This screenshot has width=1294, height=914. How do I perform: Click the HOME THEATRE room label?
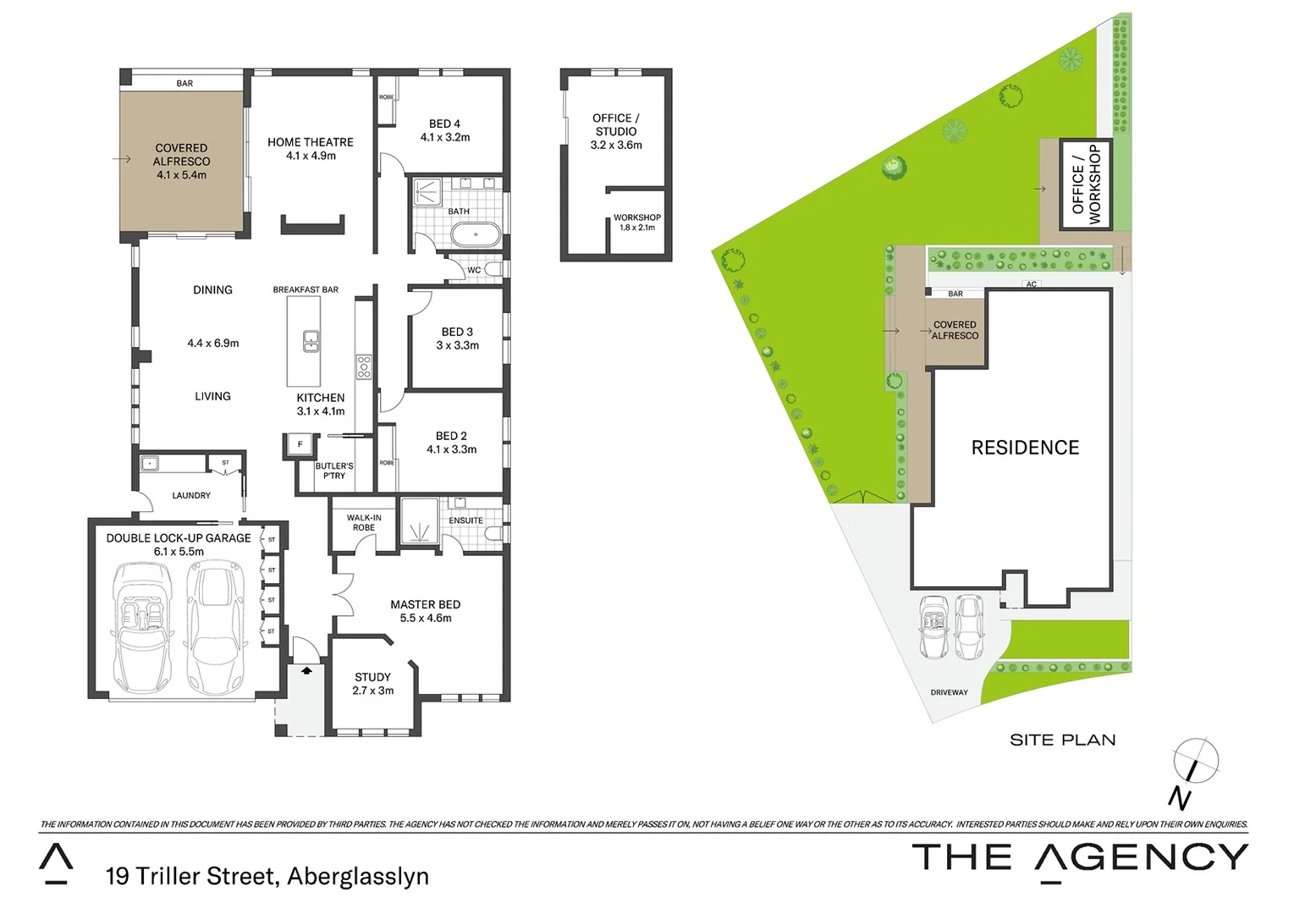point(311,142)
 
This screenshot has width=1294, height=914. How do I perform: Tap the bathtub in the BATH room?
point(476,234)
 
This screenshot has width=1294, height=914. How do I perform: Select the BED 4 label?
point(444,124)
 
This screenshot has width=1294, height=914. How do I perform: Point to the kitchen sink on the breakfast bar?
point(311,341)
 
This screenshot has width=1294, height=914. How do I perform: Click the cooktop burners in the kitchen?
point(364,366)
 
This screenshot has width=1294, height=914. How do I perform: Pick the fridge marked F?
point(300,444)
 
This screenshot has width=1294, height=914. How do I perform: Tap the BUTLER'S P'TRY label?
point(334,471)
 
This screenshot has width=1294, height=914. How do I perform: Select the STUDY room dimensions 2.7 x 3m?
point(373,691)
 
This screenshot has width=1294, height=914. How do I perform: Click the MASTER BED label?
point(425,604)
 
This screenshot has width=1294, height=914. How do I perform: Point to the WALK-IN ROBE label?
point(364,522)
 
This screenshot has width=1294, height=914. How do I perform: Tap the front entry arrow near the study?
point(306,669)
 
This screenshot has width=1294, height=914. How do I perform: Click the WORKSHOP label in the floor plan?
point(637,217)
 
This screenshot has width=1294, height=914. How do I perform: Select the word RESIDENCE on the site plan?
point(1025,448)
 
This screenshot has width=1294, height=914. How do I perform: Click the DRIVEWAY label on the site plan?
point(949,692)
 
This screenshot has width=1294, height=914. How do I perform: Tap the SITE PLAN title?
point(1062,740)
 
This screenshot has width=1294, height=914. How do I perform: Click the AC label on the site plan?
point(1031,284)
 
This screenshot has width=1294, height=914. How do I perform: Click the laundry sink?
point(150,463)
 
